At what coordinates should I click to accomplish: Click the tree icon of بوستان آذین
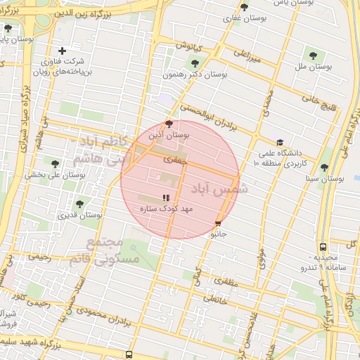(168, 122)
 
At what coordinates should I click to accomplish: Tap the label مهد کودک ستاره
(167, 210)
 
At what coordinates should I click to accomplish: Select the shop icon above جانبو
(217, 224)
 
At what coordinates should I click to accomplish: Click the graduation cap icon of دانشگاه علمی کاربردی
(280, 143)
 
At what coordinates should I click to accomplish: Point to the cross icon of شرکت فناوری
(63, 51)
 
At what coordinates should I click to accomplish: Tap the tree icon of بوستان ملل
(313, 55)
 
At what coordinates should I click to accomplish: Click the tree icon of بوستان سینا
(324, 167)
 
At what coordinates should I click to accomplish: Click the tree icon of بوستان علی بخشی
(55, 164)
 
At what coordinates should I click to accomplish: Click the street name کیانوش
(189, 46)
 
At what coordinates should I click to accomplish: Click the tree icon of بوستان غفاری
(244, 7)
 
